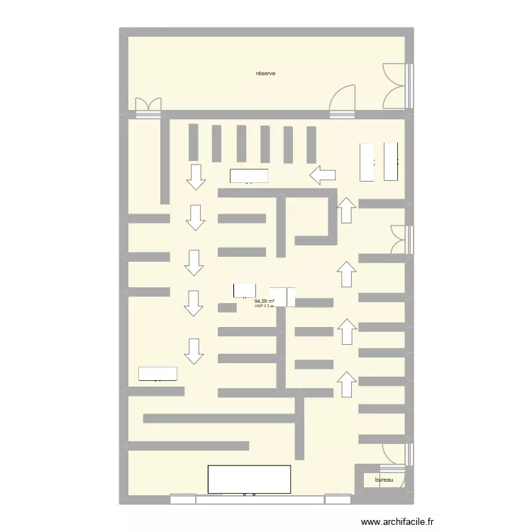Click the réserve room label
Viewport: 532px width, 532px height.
tap(266, 74)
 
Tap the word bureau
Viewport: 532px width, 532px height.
tap(384, 480)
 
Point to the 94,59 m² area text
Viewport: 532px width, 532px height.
tap(265, 301)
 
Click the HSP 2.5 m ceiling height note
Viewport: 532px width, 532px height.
tap(264, 306)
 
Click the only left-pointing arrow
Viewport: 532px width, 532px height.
tap(323, 174)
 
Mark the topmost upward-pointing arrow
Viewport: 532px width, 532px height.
tap(346, 210)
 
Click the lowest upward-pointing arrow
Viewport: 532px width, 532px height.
tap(346, 383)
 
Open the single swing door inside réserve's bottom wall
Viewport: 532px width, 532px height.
tap(343, 99)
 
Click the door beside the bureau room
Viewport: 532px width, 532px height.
tap(396, 455)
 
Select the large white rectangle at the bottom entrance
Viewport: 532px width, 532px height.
tap(249, 479)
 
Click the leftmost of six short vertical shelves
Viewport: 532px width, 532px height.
tap(193, 143)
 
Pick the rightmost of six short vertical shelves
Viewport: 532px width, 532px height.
tap(311, 144)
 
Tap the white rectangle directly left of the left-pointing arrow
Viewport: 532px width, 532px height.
tap(249, 176)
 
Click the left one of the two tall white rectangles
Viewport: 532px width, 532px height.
tap(367, 161)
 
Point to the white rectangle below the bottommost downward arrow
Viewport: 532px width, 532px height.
tap(157, 374)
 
